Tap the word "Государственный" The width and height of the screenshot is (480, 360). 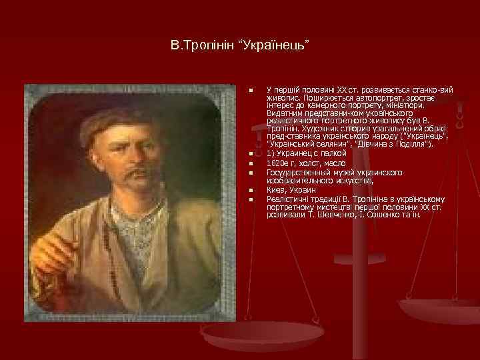tap(294, 171)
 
